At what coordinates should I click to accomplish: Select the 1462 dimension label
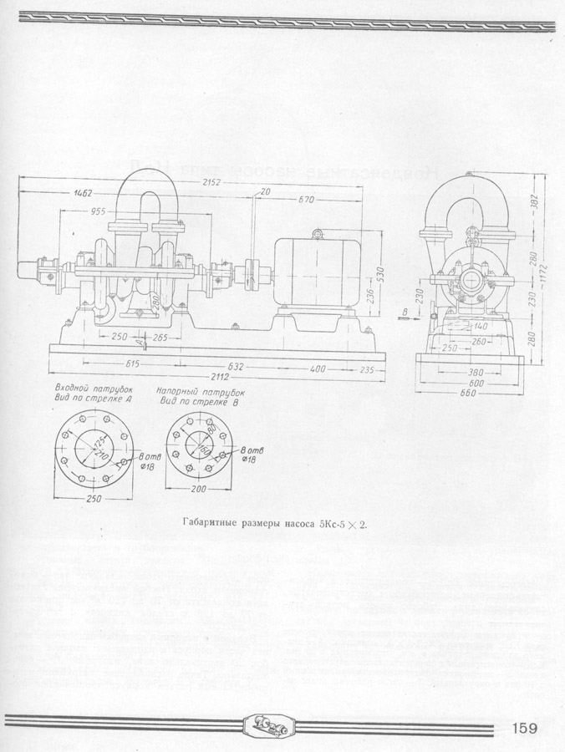click(x=83, y=193)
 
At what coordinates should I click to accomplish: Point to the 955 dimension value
click(x=99, y=211)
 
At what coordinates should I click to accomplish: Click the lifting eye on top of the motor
click(x=318, y=233)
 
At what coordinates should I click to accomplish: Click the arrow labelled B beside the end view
click(x=407, y=316)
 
